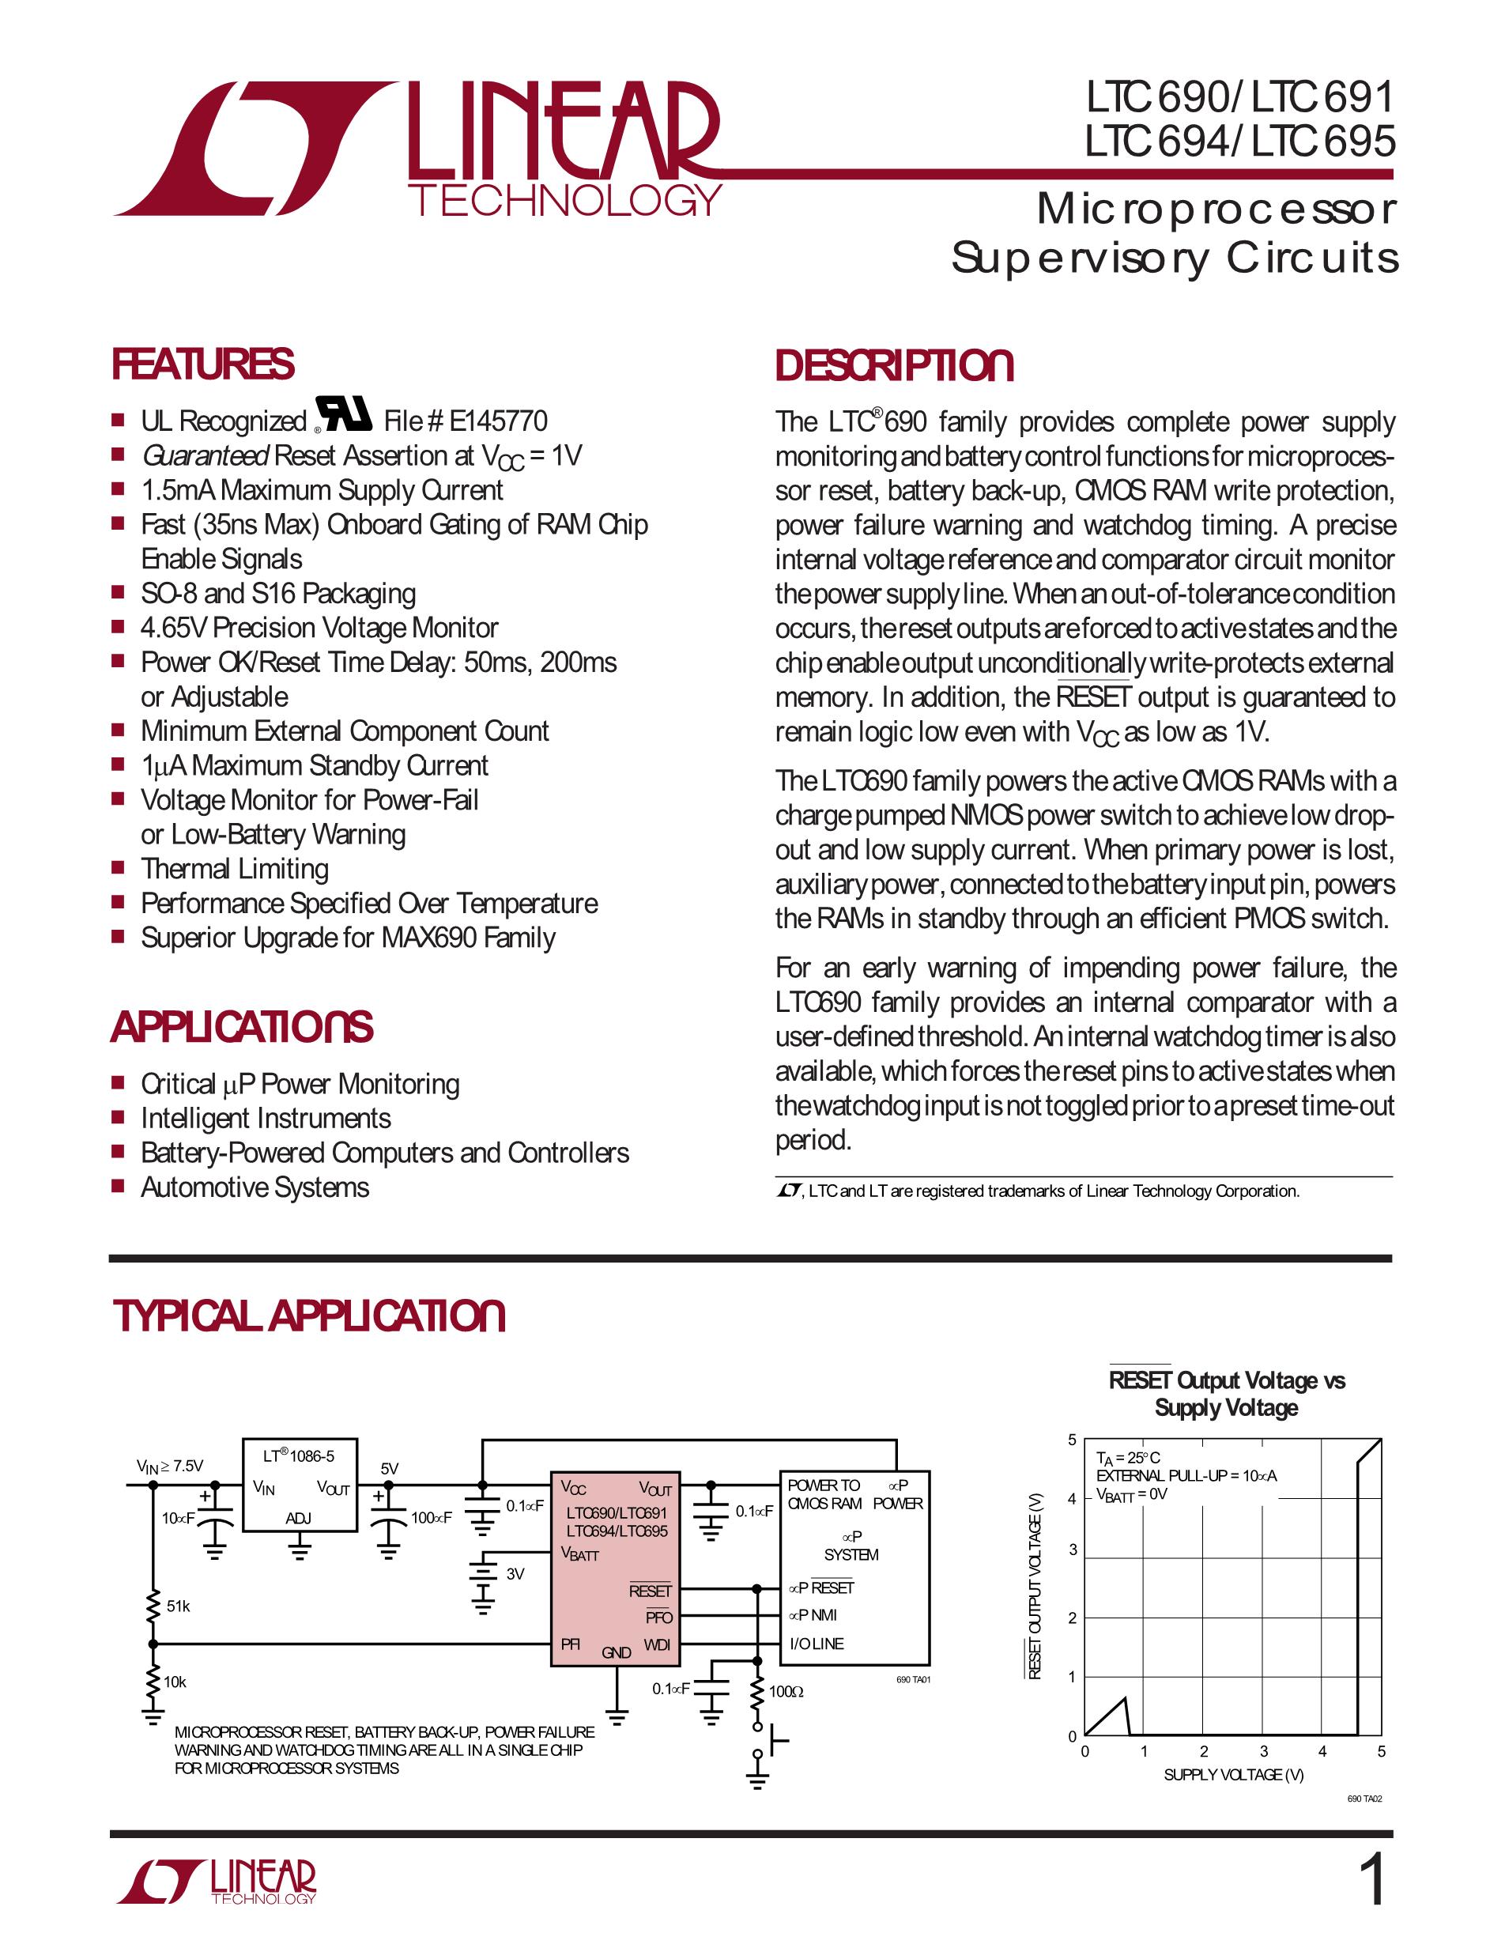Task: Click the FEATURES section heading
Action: [x=202, y=364]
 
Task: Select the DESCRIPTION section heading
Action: [x=894, y=367]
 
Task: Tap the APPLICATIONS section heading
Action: [x=242, y=1027]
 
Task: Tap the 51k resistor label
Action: [x=179, y=1606]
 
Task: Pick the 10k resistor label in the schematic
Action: [x=175, y=1682]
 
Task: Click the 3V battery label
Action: [x=515, y=1574]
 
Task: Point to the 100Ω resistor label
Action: [x=786, y=1692]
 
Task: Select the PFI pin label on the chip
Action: [x=571, y=1644]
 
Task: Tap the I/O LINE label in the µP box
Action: [x=816, y=1644]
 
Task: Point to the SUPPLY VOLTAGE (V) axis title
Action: [x=1233, y=1775]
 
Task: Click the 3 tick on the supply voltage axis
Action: [x=1263, y=1752]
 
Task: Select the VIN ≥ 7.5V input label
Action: [x=169, y=1466]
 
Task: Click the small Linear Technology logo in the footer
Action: [x=217, y=1882]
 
